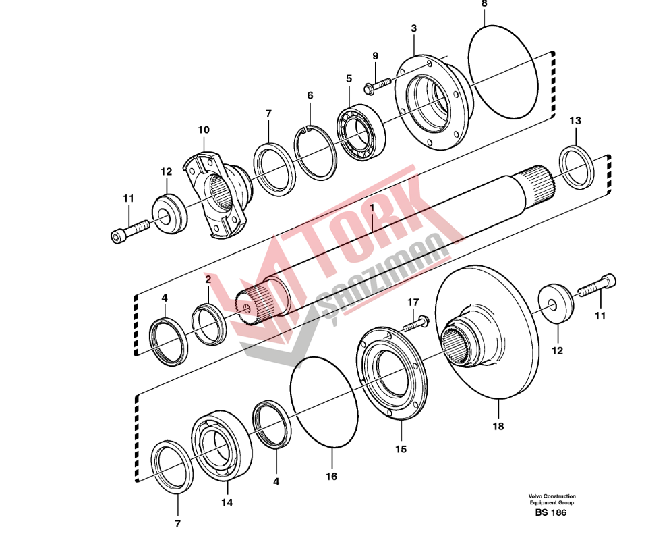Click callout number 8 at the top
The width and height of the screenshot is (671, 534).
point(484,4)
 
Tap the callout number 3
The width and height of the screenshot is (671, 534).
point(414,28)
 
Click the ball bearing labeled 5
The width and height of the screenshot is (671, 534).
point(361,133)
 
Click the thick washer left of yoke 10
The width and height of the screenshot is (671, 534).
point(169,213)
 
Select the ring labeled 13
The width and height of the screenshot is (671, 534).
point(577,167)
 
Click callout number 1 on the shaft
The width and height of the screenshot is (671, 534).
point(372,208)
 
